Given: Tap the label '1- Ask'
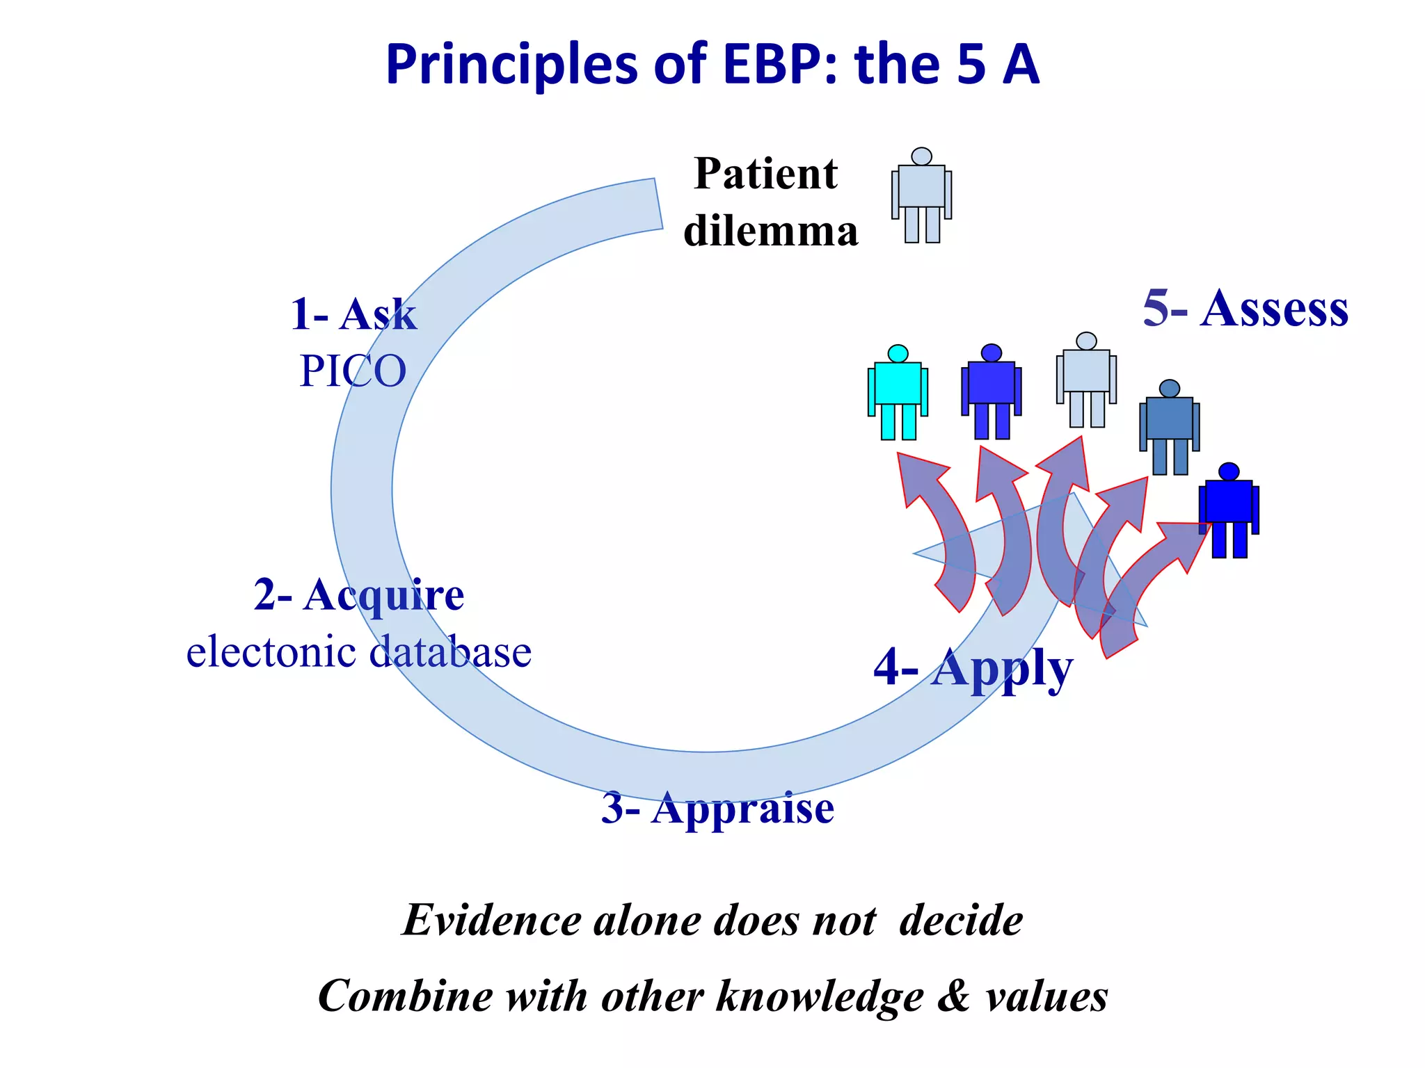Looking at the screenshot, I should pyautogui.click(x=353, y=314).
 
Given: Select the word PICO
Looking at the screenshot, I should pyautogui.click(x=353, y=371).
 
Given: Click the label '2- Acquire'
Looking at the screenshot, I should pyautogui.click(x=359, y=595).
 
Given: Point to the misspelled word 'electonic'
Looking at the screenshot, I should pyautogui.click(x=271, y=652).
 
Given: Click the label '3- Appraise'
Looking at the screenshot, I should pyautogui.click(x=717, y=808).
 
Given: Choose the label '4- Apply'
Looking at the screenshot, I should pyautogui.click(x=973, y=667).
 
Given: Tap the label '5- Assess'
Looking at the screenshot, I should pyautogui.click(x=1245, y=308).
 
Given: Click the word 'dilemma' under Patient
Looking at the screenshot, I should pyautogui.click(x=771, y=231).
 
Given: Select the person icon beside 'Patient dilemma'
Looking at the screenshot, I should pyautogui.click(x=921, y=196).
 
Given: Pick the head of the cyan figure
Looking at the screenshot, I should pyautogui.click(x=898, y=353).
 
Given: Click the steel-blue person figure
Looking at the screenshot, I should pyautogui.click(x=1170, y=428).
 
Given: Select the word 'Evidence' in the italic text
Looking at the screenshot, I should pyautogui.click(x=491, y=921).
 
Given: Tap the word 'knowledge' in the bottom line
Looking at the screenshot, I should pyautogui.click(x=820, y=996).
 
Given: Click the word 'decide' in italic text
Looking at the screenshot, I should pyautogui.click(x=961, y=921).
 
